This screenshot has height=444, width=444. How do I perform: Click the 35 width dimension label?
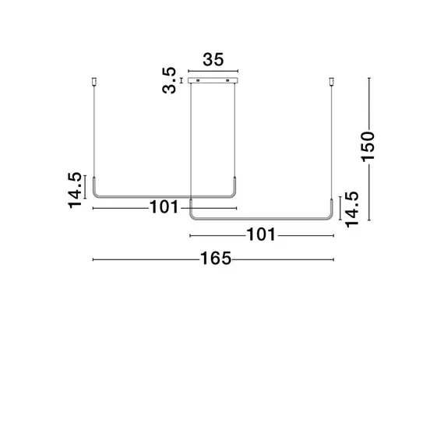[x=213, y=60]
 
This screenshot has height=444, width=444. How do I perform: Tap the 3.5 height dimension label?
[x=169, y=79]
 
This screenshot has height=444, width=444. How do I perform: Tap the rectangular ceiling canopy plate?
[x=213, y=80]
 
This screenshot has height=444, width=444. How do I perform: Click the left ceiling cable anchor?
[x=94, y=81]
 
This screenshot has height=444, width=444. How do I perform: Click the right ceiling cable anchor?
[x=333, y=81]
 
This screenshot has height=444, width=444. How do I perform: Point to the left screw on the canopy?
[x=198, y=80]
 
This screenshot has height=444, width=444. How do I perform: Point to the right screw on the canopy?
[x=229, y=80]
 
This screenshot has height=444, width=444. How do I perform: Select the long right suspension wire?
[x=333, y=140]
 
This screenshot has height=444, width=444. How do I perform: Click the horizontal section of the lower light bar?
[x=261, y=218]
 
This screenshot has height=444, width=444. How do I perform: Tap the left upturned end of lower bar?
[x=192, y=209]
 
